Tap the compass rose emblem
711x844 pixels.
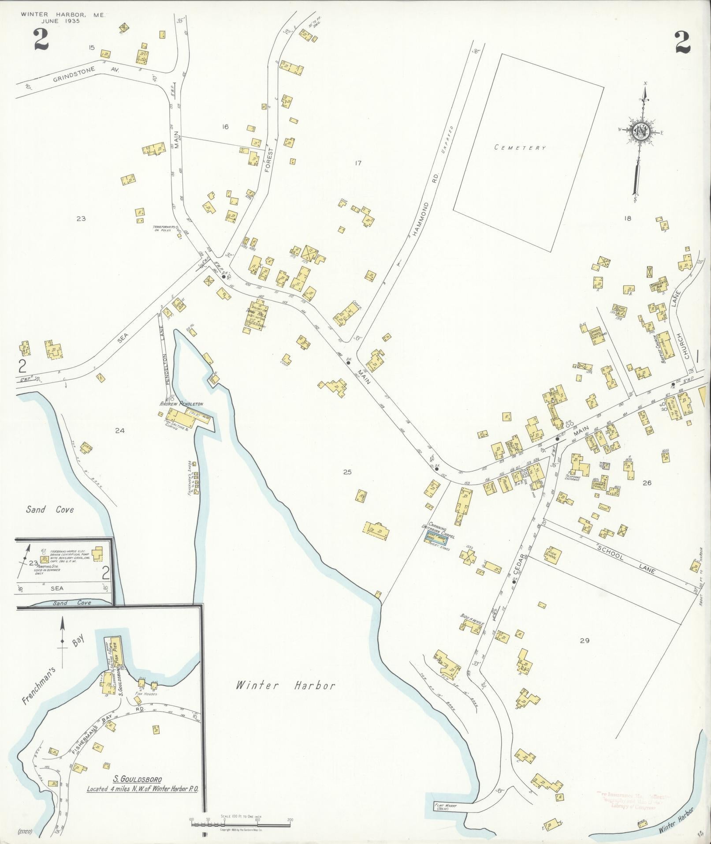[x=640, y=131]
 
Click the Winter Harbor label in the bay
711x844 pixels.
[x=286, y=685]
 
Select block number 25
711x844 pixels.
[x=347, y=472]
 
